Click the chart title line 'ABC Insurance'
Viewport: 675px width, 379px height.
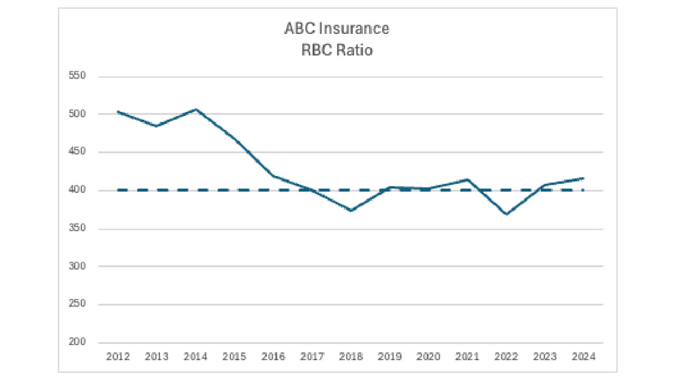[337, 29]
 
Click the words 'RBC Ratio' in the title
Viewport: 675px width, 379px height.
[337, 50]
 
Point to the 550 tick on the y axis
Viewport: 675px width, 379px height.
[78, 76]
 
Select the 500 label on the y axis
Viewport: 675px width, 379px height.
[78, 114]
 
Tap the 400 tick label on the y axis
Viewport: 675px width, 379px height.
[78, 190]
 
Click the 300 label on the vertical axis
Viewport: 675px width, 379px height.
[78, 266]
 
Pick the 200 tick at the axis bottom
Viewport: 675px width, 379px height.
[78, 342]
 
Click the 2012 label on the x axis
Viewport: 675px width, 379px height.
[117, 357]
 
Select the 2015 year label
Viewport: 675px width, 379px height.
[234, 357]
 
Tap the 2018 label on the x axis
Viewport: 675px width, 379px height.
[351, 357]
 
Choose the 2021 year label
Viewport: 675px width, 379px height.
[468, 357]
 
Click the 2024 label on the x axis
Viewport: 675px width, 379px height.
[584, 357]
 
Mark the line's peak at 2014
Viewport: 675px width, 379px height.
[195, 109]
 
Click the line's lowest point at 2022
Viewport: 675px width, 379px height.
[506, 214]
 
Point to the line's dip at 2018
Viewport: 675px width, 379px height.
[351, 210]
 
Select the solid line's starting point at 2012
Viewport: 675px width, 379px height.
[118, 112]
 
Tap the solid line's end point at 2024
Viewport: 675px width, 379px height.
[584, 178]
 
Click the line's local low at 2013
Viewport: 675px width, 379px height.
[157, 126]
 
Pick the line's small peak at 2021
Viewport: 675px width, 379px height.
[468, 179]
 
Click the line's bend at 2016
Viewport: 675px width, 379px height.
[273, 176]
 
